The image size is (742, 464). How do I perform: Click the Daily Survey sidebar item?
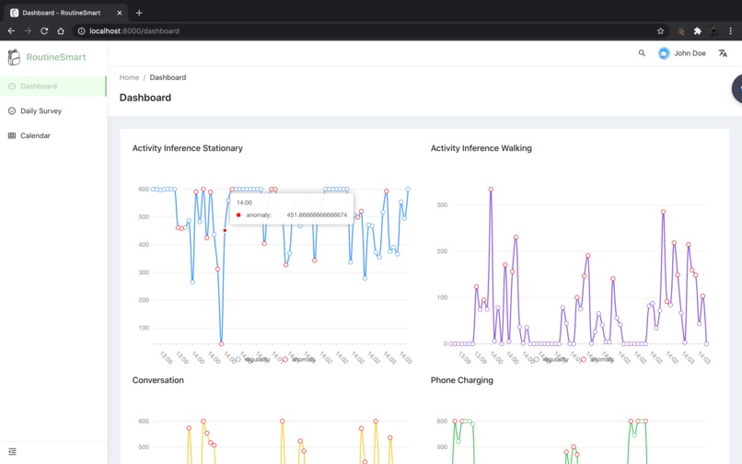pos(41,110)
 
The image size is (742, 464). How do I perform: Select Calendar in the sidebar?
pos(35,135)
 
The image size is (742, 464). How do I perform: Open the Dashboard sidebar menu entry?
pos(38,86)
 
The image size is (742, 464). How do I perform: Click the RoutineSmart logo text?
pos(56,57)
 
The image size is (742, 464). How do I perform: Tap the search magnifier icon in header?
pos(642,53)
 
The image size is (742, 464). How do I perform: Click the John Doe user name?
pos(690,53)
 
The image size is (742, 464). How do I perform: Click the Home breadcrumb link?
pos(129,77)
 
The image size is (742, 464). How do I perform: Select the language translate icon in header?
pos(723,53)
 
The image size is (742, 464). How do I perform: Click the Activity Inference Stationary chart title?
pos(188,148)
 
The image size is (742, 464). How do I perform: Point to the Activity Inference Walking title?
pos(481,148)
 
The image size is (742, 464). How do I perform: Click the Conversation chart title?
pos(158,380)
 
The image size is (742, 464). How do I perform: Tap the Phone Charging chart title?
pos(461,380)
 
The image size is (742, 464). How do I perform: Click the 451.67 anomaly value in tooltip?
pos(317,215)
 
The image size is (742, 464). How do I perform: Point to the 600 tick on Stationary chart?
pos(144,189)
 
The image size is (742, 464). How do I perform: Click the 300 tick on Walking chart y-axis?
pos(442,205)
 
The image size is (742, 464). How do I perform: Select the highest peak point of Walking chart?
pos(491,190)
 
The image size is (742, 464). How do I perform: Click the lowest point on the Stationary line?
pos(221,343)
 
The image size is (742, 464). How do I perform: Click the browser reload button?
pos(44,30)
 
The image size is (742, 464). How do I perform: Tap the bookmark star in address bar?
pos(660,30)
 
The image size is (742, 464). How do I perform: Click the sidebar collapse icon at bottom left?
pos(12,451)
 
